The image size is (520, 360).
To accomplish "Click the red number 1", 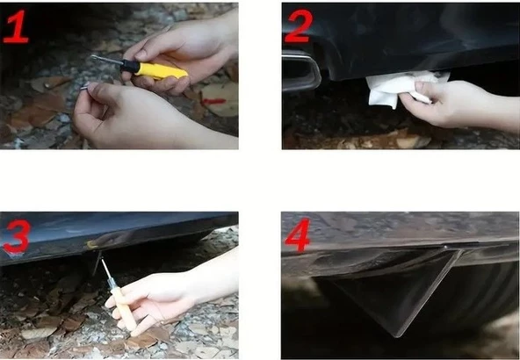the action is tap(16, 26).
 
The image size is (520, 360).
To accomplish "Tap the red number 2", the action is tap(299, 25).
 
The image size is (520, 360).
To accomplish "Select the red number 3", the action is tap(18, 235).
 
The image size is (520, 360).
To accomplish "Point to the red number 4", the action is tap(298, 234).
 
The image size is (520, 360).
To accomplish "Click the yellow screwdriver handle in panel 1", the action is tap(162, 70).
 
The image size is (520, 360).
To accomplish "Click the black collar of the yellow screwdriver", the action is tap(130, 67).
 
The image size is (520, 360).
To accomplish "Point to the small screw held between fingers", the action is tap(84, 87).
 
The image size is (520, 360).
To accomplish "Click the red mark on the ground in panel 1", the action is tap(214, 101).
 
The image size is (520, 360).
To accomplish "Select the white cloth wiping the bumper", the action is tap(403, 87).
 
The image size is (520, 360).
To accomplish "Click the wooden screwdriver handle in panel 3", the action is tap(123, 308).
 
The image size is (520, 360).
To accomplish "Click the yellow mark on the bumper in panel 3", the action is tap(90, 245).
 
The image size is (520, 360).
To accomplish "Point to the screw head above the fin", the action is tap(444, 247).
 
